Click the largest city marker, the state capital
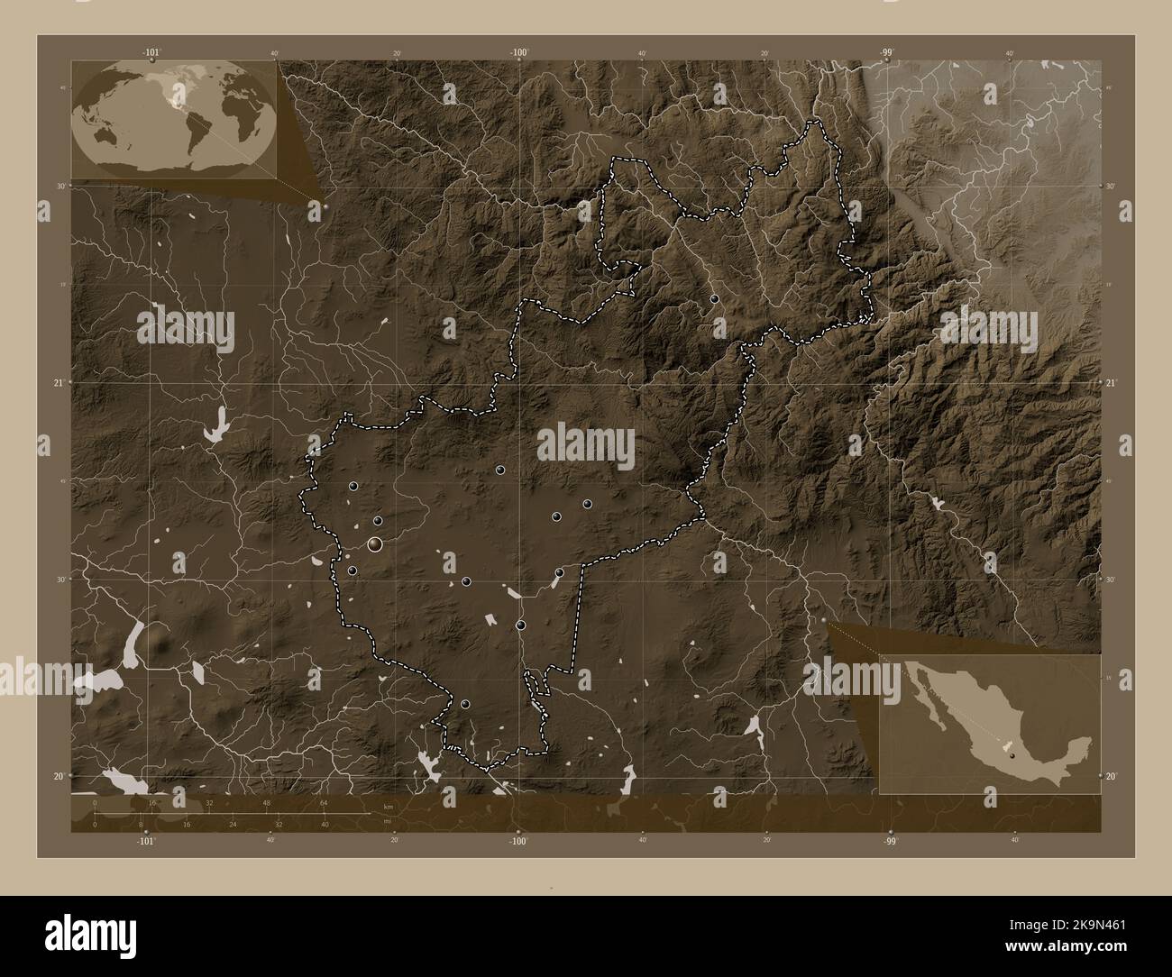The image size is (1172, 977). (375, 543)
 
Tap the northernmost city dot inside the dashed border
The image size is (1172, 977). (714, 298)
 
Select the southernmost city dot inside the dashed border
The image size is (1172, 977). (465, 704)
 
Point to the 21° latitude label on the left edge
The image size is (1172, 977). (58, 383)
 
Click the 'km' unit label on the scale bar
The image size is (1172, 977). (389, 806)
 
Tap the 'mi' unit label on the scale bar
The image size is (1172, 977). (387, 820)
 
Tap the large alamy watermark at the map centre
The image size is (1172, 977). (586, 443)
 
